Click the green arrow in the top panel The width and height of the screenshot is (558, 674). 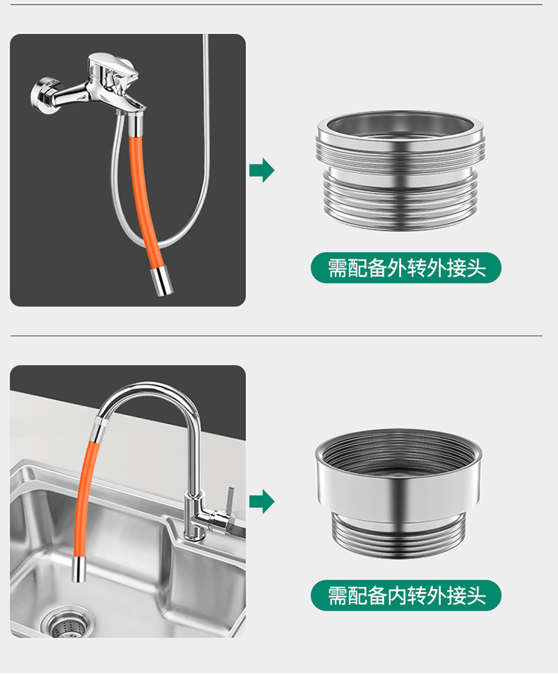261,170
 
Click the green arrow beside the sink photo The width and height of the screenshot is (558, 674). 261,501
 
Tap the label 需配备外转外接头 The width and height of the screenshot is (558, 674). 406,268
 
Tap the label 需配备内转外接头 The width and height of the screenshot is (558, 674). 406,595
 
